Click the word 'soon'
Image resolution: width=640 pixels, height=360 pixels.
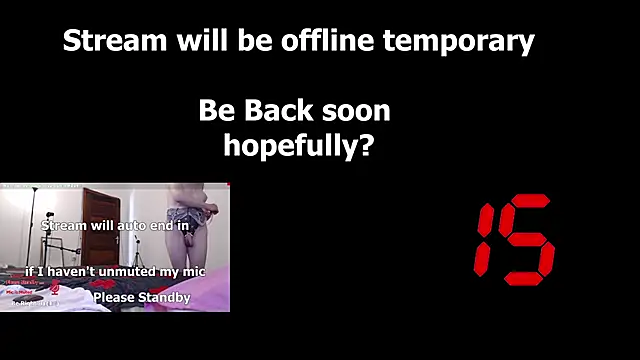(x=358, y=110)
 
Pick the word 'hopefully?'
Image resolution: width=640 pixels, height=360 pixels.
(x=298, y=146)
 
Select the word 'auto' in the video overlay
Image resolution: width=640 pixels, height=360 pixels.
(x=127, y=226)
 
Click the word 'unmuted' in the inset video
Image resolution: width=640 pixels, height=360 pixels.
(x=139, y=271)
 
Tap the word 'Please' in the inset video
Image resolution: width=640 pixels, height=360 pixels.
(x=113, y=298)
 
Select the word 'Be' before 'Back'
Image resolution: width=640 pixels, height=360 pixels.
(x=215, y=110)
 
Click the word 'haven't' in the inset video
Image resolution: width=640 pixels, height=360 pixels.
(x=77, y=271)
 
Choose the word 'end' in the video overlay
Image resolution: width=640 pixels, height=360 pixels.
(x=162, y=226)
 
